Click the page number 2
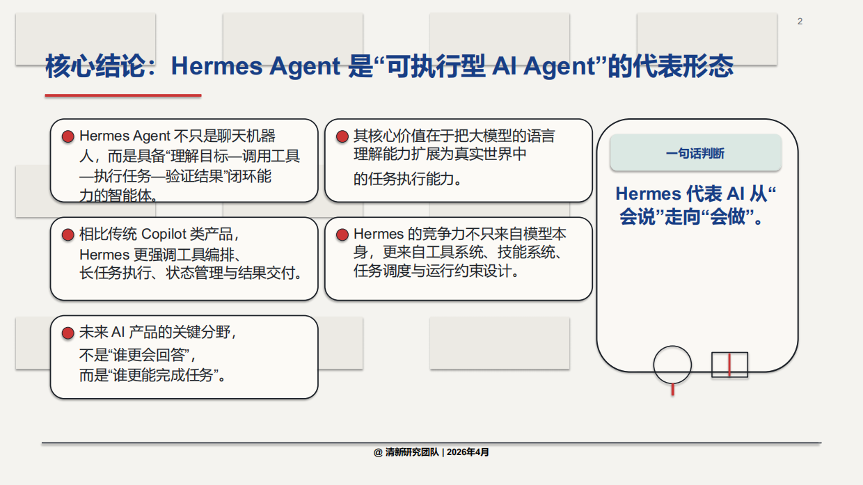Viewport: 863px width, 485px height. tap(800, 22)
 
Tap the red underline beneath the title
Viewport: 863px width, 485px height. tap(123, 95)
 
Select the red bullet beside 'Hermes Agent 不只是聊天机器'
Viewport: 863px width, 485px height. tap(68, 136)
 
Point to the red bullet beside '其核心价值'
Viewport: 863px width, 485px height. tap(342, 136)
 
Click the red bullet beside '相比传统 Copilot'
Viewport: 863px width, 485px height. tap(68, 235)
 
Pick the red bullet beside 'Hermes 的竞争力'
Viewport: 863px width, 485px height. tap(342, 235)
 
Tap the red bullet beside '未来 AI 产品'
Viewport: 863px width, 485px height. tap(68, 333)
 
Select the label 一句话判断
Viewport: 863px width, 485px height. tap(695, 154)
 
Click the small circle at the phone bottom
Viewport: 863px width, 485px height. tap(672, 365)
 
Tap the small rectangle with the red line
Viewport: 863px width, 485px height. tap(729, 365)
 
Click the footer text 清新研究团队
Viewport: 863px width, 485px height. tap(412, 452)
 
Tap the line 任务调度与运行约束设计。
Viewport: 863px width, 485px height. tap(437, 271)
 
